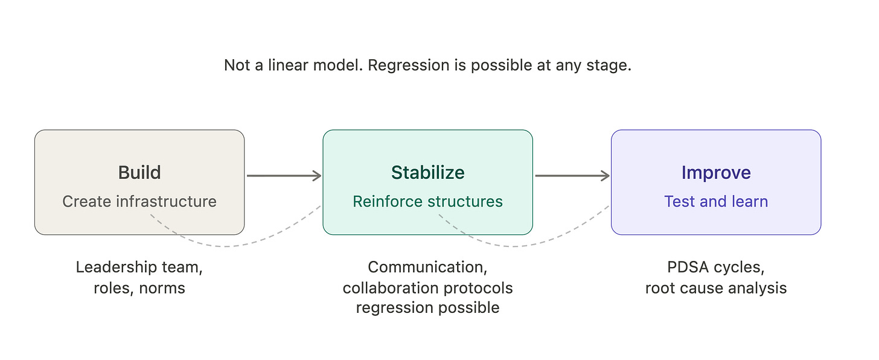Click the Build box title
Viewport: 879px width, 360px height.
pyautogui.click(x=139, y=173)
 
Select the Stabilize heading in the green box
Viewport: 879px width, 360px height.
pyautogui.click(x=427, y=173)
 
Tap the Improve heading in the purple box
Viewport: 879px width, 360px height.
pyautogui.click(x=716, y=173)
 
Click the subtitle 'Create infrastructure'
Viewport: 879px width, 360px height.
pyautogui.click(x=139, y=201)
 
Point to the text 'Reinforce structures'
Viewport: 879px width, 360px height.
pyautogui.click(x=427, y=201)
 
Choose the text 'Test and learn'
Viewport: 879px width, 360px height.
pyautogui.click(x=716, y=201)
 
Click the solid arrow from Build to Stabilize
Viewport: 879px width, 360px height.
pyautogui.click(x=284, y=176)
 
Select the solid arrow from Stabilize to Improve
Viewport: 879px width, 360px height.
pyautogui.click(x=572, y=176)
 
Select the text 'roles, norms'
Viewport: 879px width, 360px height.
pyautogui.click(x=139, y=288)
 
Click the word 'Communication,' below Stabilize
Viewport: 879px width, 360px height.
pyautogui.click(x=427, y=268)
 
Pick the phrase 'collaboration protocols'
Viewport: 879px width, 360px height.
pyautogui.click(x=427, y=288)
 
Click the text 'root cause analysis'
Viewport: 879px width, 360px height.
pyautogui.click(x=716, y=288)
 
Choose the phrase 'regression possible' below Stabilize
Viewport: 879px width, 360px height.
pyautogui.click(x=427, y=308)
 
